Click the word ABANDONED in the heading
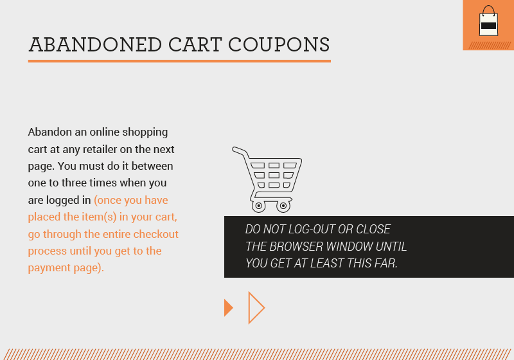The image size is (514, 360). pos(96,44)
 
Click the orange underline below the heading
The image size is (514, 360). pos(179,61)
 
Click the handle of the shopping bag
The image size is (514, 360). pos(489,10)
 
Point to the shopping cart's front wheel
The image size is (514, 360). pos(283,206)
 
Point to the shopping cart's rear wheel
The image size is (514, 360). pos(258,206)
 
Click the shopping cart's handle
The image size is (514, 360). pos(238,150)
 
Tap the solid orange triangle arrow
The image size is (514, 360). pos(228,308)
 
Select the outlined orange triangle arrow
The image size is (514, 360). pos(255,308)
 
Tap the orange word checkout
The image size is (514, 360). pos(155,234)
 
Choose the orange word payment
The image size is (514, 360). pos(48,267)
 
